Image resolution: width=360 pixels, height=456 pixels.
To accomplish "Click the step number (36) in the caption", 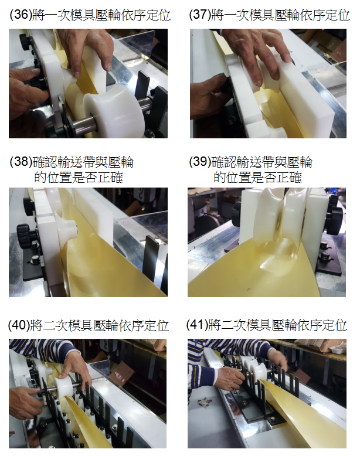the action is pos(20,15).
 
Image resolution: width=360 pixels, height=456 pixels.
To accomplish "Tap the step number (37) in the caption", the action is pos(199,15).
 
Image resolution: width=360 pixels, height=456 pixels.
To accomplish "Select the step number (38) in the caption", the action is pos(20,162).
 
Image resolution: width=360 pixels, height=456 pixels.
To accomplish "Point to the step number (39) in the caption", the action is pos(199,162).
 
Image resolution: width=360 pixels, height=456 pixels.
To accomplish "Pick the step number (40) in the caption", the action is pos(19,325).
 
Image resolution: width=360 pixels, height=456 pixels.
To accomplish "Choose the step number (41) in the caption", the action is pos(197,325).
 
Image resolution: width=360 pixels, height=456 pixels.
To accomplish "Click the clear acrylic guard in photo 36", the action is pos(136,46).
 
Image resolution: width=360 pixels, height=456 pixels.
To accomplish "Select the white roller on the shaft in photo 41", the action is pos(259,372).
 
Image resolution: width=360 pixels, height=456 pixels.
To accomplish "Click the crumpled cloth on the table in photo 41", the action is pos(205,403).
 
